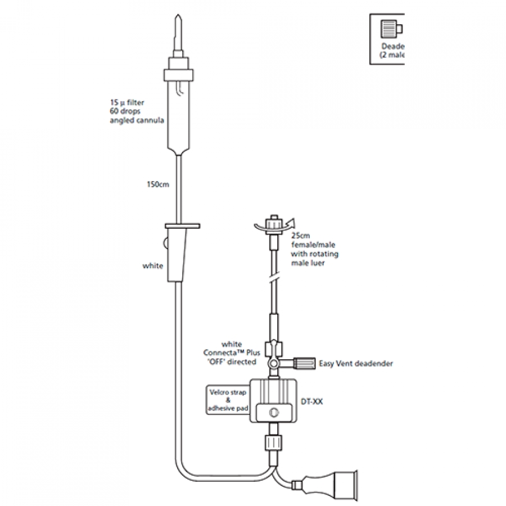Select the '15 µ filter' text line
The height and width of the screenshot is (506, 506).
(128, 103)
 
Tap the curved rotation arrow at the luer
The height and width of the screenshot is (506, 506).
(284, 224)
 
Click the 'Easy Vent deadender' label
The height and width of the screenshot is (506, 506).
(356, 364)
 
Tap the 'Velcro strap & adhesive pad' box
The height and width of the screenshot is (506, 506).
(224, 400)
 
